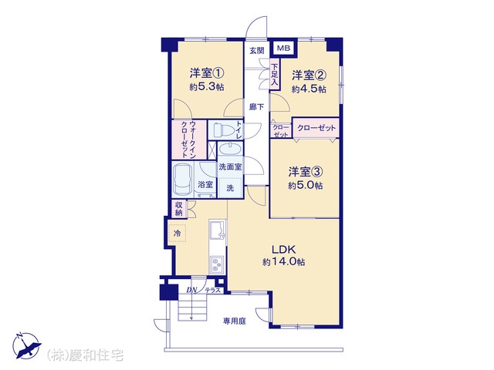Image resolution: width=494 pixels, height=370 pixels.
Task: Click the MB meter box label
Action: pyautogui.click(x=283, y=49)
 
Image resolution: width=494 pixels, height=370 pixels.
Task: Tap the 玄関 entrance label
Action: pyautogui.click(x=257, y=50)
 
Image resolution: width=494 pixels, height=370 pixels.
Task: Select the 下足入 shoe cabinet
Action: pyautogui.click(x=275, y=75)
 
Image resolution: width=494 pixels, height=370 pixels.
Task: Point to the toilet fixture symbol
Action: pyautogui.click(x=222, y=129)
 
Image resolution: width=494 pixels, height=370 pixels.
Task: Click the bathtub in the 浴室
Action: pyautogui.click(x=182, y=180)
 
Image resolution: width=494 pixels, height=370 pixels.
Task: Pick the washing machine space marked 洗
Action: pyautogui.click(x=230, y=188)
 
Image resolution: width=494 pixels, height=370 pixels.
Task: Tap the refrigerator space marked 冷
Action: pyautogui.click(x=178, y=233)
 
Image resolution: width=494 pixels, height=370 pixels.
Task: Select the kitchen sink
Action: pyautogui.click(x=218, y=230)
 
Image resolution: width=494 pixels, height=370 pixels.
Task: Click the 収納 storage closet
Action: pyautogui.click(x=178, y=209)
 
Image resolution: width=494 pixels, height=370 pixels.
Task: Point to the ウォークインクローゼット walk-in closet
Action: pyautogui.click(x=189, y=140)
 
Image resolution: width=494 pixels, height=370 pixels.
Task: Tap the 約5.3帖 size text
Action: pyautogui.click(x=207, y=86)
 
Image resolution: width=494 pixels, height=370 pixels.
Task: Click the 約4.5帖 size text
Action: pyautogui.click(x=309, y=89)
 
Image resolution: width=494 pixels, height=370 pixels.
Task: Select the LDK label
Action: pyautogui.click(x=284, y=250)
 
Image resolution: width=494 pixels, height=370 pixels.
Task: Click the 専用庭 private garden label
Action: pyautogui.click(x=235, y=321)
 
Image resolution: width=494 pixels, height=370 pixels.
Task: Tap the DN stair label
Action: pyautogui.click(x=191, y=290)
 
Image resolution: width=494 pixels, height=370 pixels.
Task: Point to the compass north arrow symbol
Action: pyautogui.click(x=26, y=345)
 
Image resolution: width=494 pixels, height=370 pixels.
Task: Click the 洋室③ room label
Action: pyautogui.click(x=306, y=172)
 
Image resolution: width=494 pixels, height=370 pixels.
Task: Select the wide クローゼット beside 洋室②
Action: pyautogui.click(x=316, y=128)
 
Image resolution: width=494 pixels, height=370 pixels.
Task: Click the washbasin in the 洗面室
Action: pyautogui.click(x=230, y=149)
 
